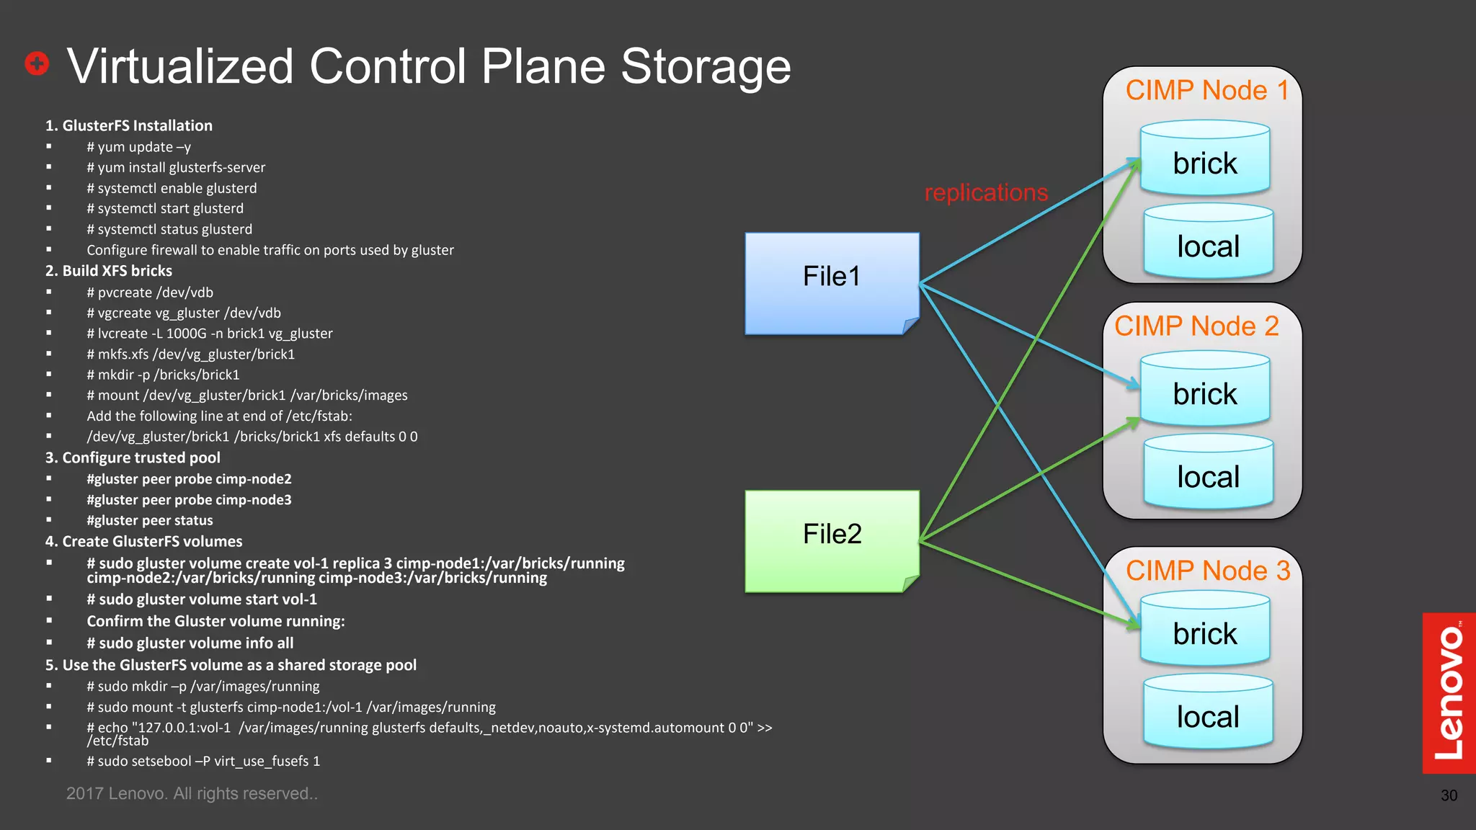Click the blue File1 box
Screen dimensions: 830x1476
(x=832, y=282)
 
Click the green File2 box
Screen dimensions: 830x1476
(x=832, y=540)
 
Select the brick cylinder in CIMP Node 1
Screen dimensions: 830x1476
(x=1204, y=160)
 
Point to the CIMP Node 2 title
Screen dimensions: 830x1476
(x=1196, y=326)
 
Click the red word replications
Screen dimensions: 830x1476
(x=985, y=192)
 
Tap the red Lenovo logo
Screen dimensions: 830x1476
(x=1449, y=692)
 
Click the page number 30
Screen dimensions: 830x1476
(x=1449, y=795)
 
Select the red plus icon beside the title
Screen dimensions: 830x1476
(x=37, y=63)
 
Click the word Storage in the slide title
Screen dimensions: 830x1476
(x=706, y=66)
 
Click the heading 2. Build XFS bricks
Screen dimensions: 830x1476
(x=109, y=271)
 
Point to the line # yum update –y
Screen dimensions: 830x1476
(x=138, y=147)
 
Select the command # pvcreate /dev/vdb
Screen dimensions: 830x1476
(x=150, y=293)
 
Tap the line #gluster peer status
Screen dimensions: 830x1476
(x=150, y=520)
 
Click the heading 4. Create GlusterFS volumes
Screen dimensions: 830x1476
(x=144, y=541)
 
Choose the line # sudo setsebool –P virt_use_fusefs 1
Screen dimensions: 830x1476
(x=203, y=761)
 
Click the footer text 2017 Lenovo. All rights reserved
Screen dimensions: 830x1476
(x=192, y=793)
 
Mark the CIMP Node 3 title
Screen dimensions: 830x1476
(x=1208, y=571)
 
